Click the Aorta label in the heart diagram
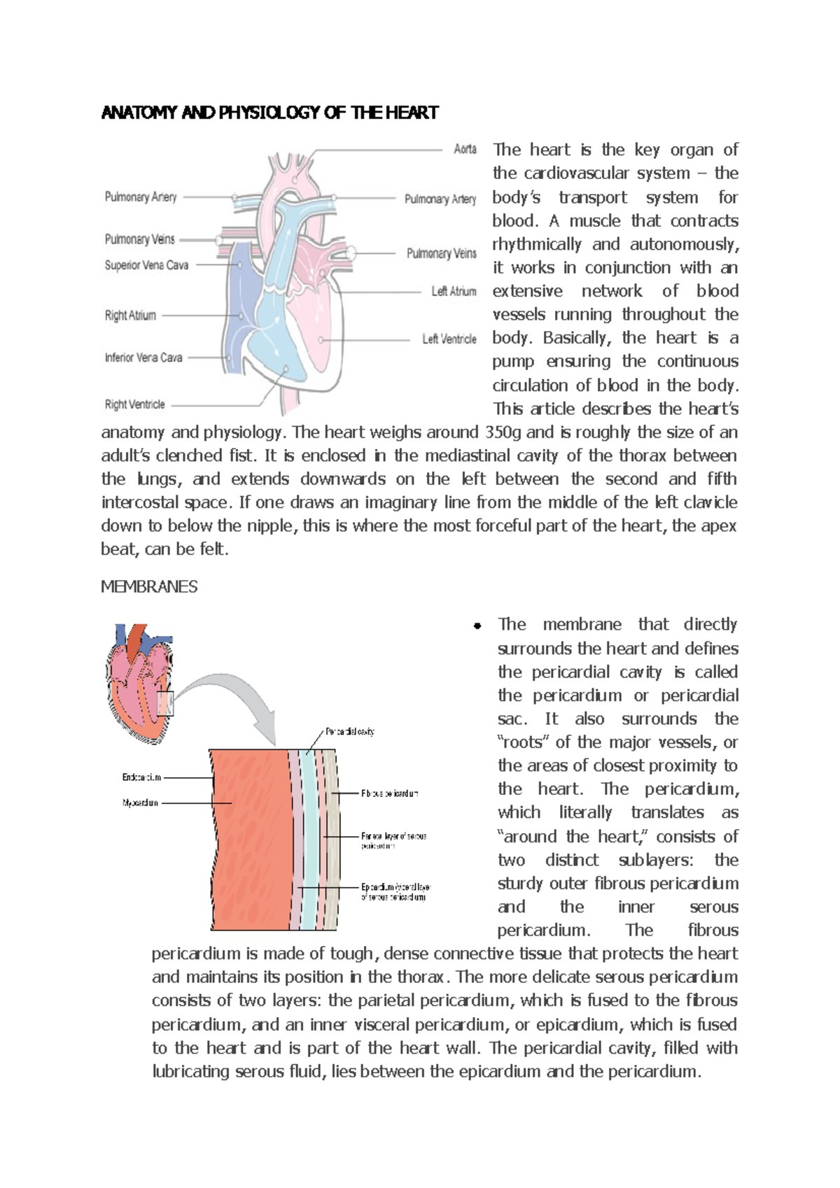pyautogui.click(x=465, y=149)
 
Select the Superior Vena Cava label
pyautogui.click(x=146, y=265)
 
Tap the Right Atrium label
pyautogui.click(x=130, y=316)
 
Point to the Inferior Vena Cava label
pyautogui.click(x=143, y=358)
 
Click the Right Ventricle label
pyautogui.click(x=135, y=404)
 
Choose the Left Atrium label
pyautogui.click(x=454, y=292)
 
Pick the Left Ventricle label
pyautogui.click(x=449, y=339)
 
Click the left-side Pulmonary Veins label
pyautogui.click(x=139, y=239)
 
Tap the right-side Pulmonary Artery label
pyautogui.click(x=440, y=199)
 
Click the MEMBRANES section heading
pyautogui.click(x=149, y=586)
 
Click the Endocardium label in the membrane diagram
pyautogui.click(x=141, y=777)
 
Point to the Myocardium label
pyautogui.click(x=140, y=803)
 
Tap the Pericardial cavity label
pyautogui.click(x=349, y=732)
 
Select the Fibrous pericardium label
pyautogui.click(x=389, y=793)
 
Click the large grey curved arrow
pyautogui.click(x=238, y=700)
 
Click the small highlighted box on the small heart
pyautogui.click(x=165, y=703)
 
